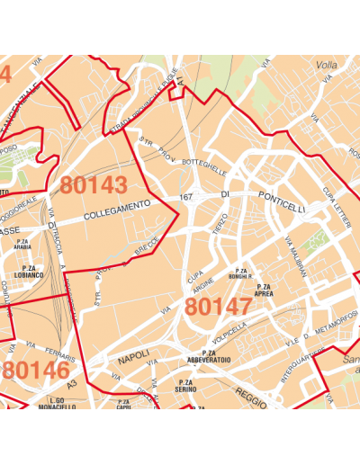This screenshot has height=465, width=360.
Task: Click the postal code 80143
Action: (94, 185)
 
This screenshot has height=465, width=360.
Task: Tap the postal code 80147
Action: (218, 307)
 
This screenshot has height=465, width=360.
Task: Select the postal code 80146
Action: (36, 371)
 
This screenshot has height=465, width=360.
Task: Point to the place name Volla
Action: (328, 66)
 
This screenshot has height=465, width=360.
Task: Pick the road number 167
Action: (186, 197)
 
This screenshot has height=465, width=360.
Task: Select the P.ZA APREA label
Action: (264, 291)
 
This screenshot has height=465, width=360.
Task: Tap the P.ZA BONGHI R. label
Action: (240, 273)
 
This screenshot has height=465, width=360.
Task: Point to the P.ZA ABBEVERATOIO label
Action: (210, 356)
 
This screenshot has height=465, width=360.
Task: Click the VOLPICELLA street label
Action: (229, 332)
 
